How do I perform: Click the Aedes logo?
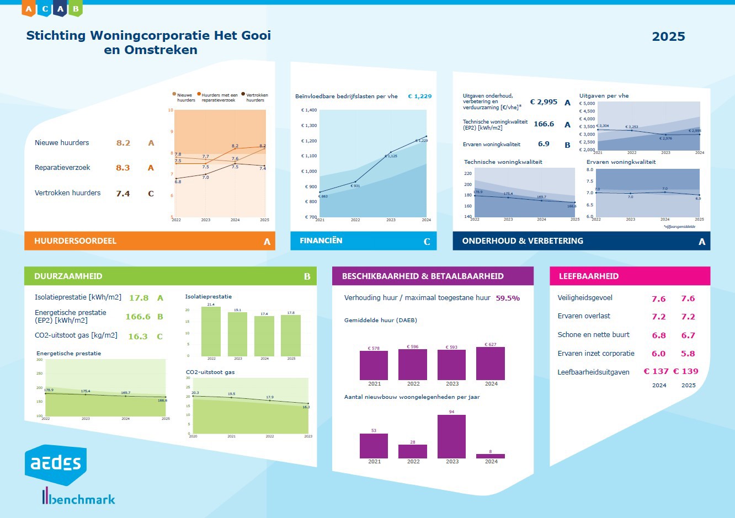coord(55,464)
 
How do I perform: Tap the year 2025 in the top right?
coord(668,37)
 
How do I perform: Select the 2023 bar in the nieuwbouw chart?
coord(451,436)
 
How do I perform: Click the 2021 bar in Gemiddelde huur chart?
coord(374,365)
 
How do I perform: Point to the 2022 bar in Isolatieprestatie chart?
coord(211,331)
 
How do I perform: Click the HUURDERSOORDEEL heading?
coord(75,241)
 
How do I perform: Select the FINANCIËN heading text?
coord(321,241)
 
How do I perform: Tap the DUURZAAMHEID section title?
coord(68,276)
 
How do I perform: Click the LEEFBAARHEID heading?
coord(588,276)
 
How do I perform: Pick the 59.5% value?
coord(508,298)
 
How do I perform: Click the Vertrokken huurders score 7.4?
coord(122,194)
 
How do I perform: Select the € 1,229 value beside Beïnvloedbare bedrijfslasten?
coord(419,97)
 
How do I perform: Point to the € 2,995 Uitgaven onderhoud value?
coord(544,102)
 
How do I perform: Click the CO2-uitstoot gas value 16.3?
coord(137,337)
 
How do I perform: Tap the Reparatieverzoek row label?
coord(62,168)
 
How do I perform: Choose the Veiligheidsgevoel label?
coord(585,298)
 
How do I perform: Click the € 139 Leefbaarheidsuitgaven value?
coord(685,372)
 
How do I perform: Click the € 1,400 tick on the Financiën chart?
coord(309,110)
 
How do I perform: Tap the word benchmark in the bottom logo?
coord(82,499)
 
